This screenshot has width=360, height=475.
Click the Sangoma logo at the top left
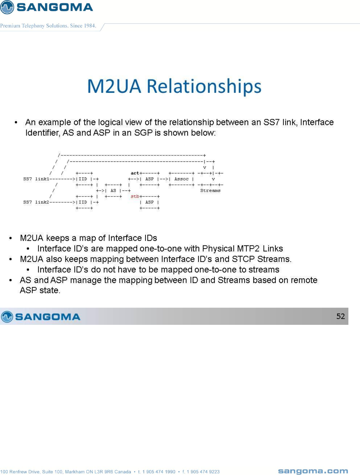[x=47, y=7]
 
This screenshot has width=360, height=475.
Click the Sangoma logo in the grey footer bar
[x=41, y=316]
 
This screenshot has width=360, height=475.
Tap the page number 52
[x=340, y=316]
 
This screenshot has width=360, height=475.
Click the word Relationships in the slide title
[x=204, y=86]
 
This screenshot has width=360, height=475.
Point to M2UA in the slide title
[x=114, y=86]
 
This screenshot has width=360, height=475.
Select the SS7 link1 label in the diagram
[x=36, y=179]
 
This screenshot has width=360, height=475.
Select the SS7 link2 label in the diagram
[x=36, y=202]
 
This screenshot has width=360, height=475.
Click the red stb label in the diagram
[x=135, y=196]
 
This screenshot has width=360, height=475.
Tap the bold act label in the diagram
[x=135, y=173]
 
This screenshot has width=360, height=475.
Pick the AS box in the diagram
[x=113, y=190]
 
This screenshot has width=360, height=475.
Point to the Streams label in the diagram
[x=210, y=190]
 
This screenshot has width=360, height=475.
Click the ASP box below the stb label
[x=149, y=202]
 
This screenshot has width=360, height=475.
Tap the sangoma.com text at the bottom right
[x=313, y=471]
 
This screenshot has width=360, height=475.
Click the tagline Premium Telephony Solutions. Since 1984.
[x=48, y=26]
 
